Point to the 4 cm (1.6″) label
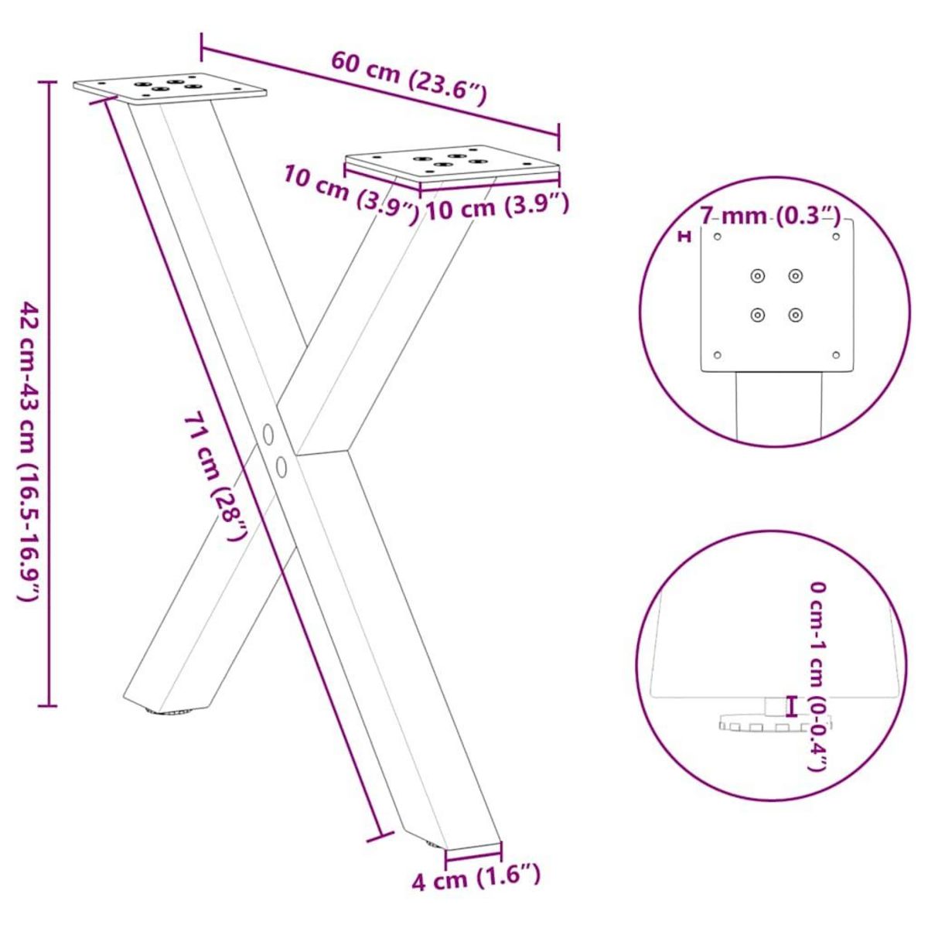click(x=476, y=878)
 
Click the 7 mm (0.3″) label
click(x=770, y=216)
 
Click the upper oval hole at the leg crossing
click(x=268, y=435)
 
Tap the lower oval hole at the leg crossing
click(x=281, y=466)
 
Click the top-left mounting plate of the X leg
click(x=170, y=90)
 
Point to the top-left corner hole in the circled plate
click(x=717, y=237)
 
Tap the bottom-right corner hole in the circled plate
click(x=835, y=355)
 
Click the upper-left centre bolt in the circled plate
click(x=757, y=275)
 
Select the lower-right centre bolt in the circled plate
click(x=795, y=314)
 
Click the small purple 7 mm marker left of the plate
click(x=684, y=237)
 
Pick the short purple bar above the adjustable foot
click(x=790, y=705)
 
